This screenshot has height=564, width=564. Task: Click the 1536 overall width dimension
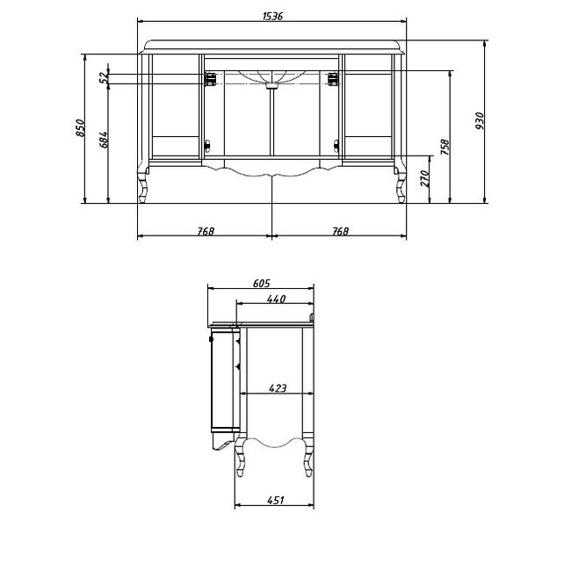[272, 16]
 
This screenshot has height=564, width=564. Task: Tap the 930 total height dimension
[480, 121]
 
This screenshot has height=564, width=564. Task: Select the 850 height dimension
[80, 128]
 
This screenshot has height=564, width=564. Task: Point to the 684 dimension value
[104, 140]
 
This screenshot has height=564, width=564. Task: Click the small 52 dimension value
[104, 77]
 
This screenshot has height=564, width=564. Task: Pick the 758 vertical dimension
[445, 147]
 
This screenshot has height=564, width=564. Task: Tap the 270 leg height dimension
[425, 178]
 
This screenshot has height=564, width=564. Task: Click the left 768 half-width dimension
[206, 231]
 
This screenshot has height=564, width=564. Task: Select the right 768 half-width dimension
[340, 231]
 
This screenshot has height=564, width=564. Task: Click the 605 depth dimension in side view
[261, 284]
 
